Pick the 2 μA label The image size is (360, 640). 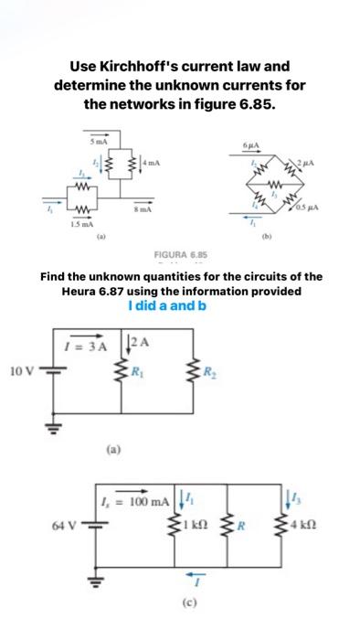pos(308,161)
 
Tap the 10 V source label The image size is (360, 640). pos(23,373)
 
